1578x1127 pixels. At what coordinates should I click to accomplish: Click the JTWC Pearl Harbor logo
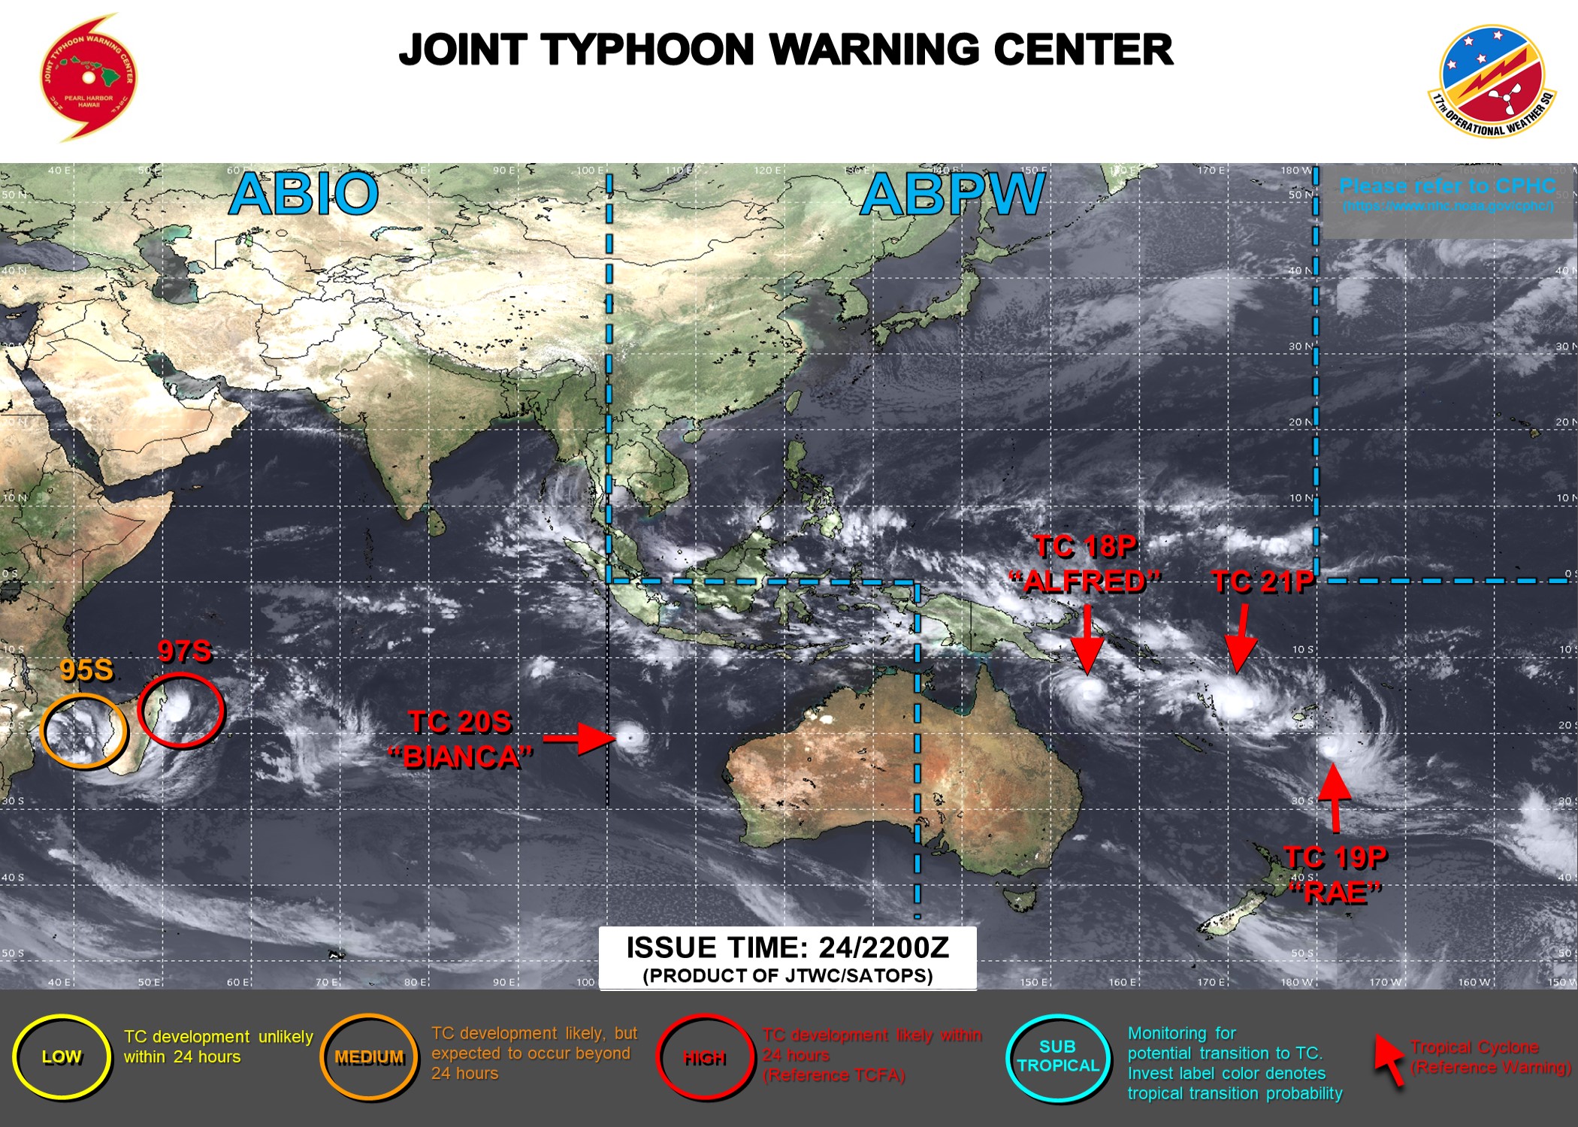click(89, 77)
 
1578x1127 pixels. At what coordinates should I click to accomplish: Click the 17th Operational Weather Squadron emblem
click(1492, 81)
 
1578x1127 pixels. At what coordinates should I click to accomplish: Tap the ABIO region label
click(304, 194)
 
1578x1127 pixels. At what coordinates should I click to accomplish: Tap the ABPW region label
click(952, 195)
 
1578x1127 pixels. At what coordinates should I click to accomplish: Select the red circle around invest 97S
click(181, 710)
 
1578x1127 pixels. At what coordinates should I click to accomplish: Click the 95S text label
click(86, 670)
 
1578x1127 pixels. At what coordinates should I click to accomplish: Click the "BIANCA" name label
click(461, 757)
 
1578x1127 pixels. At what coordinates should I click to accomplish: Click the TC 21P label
click(1262, 582)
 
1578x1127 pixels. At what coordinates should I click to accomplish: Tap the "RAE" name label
click(1336, 893)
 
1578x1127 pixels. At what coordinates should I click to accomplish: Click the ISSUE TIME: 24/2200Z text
click(787, 948)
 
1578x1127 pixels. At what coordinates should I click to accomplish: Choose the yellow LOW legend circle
click(62, 1057)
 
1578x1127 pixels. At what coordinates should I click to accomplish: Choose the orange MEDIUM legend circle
click(369, 1057)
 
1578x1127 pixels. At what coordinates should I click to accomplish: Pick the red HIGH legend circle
click(704, 1058)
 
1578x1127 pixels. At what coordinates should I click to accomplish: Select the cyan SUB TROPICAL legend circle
click(1058, 1057)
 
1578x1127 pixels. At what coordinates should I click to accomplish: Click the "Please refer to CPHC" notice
click(1447, 186)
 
